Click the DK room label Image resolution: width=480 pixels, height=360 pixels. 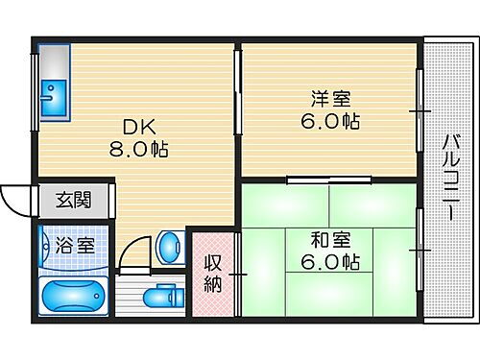point(134,128)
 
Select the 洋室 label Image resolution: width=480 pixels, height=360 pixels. point(329,98)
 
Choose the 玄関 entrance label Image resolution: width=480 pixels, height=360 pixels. point(73,201)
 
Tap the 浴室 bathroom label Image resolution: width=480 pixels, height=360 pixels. point(73,245)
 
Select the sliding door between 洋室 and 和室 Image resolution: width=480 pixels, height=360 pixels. point(329,179)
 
